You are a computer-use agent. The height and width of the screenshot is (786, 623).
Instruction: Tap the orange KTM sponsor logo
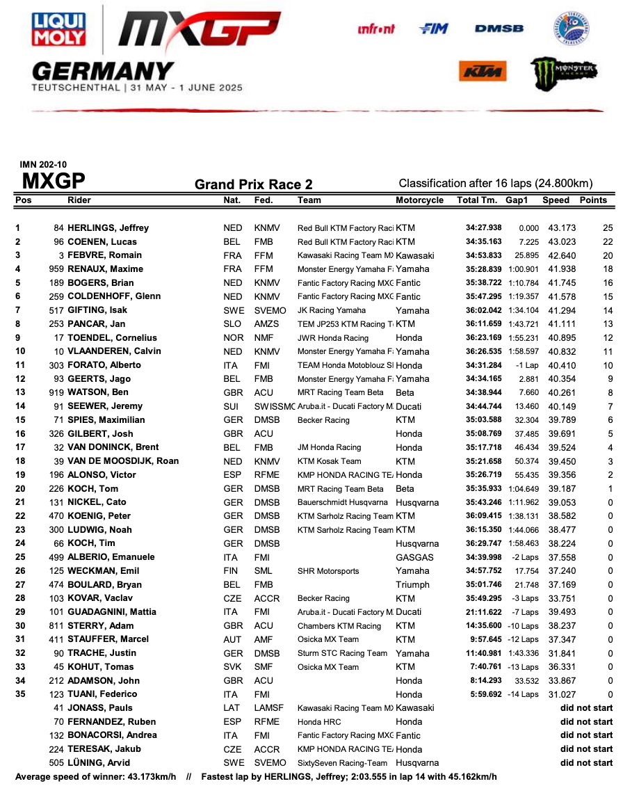[482, 72]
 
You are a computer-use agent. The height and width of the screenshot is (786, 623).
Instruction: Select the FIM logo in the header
[434, 29]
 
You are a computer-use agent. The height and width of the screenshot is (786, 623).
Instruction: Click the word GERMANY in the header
[102, 71]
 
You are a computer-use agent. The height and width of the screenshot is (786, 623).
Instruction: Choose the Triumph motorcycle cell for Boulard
[412, 585]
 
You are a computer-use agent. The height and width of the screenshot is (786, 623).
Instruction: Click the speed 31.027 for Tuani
[556, 694]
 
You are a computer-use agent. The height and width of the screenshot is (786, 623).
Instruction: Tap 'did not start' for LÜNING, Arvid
[586, 763]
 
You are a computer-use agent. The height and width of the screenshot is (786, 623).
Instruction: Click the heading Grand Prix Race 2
[253, 184]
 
